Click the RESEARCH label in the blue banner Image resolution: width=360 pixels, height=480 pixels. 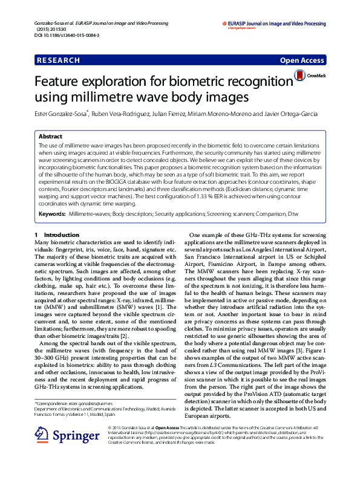point(58,60)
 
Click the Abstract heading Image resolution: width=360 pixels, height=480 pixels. point(50,137)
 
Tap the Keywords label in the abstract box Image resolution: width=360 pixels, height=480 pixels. point(52,214)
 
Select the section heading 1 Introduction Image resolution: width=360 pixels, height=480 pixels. point(53,235)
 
